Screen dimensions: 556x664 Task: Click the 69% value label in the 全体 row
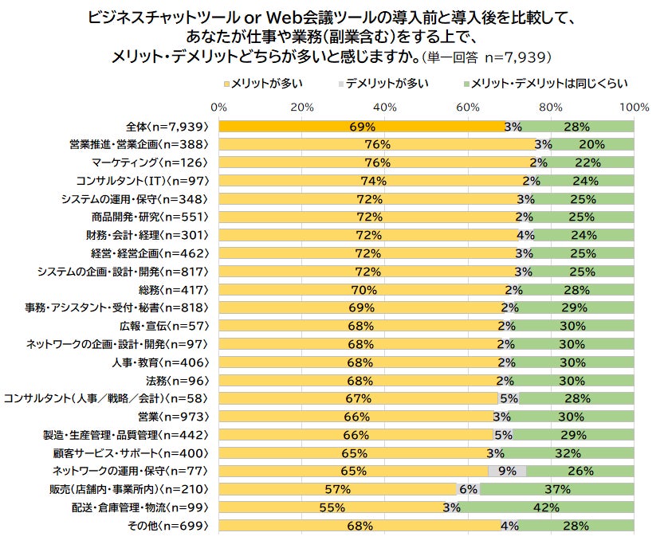click(362, 127)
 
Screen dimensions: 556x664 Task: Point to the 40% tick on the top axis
click(386, 107)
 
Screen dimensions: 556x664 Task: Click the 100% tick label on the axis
click(634, 107)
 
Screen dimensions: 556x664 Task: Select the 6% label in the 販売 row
click(468, 490)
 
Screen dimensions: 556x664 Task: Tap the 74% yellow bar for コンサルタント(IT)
click(373, 181)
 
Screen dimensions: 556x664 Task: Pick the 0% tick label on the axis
click(219, 107)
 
